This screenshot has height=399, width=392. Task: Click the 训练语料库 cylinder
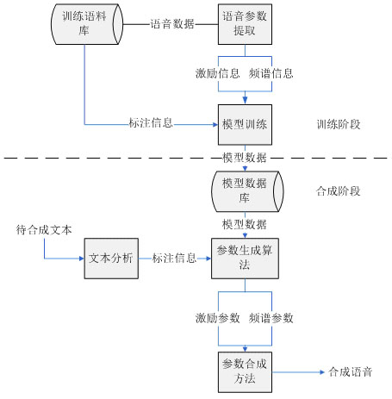87,24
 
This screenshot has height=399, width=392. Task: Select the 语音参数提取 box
245,24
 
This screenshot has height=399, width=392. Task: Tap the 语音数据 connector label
172,24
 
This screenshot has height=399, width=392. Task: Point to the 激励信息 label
217,73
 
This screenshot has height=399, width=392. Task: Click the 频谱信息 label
271,73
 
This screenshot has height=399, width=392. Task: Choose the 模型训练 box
245,125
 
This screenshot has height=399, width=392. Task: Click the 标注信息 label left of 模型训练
151,123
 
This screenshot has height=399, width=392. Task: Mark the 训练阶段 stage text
339,124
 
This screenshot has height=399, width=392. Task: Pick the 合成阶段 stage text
339,191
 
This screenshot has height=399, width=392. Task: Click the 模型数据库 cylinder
247,191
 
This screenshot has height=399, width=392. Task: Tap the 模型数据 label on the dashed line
245,158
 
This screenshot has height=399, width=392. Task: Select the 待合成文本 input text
44,230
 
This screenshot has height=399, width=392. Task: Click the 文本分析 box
111,259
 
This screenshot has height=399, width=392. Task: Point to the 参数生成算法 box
245,259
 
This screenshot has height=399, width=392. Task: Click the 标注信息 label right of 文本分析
174,259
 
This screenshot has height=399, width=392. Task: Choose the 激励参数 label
217,318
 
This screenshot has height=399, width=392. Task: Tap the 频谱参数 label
271,318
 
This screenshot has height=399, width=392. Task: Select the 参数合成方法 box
245,372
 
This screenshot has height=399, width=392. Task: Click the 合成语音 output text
351,372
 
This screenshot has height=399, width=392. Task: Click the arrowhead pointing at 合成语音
322,372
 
